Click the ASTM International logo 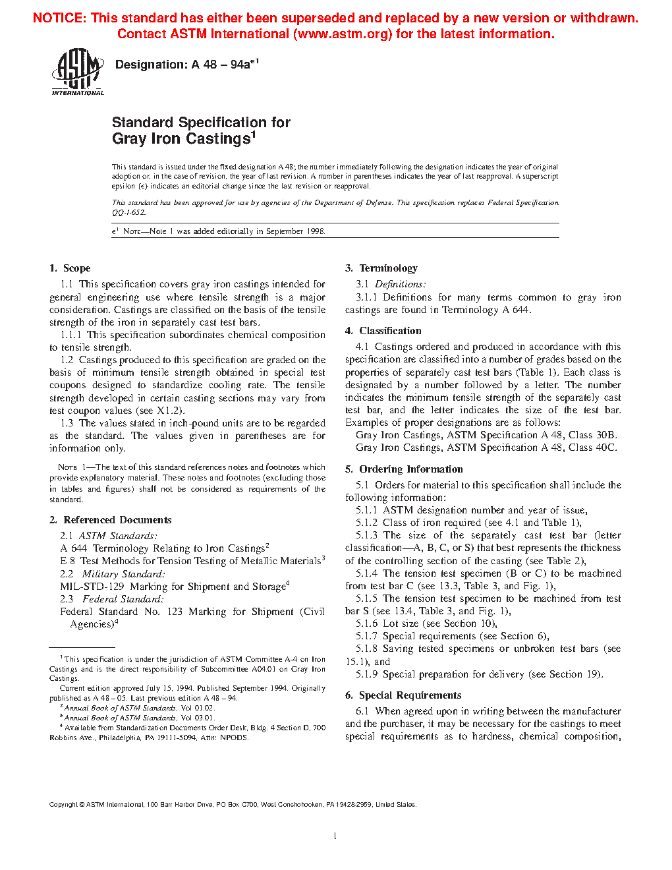point(78,73)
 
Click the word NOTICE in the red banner point(59,18)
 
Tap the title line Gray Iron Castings point(182,139)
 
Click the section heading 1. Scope point(70,268)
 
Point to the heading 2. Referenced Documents point(110,520)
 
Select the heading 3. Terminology point(381,268)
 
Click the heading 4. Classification point(383,331)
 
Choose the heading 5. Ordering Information point(404,469)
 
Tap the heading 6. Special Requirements point(403,695)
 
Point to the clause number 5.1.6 point(367,623)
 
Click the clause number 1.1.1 point(71,335)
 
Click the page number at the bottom point(335,836)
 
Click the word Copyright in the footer point(63,804)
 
